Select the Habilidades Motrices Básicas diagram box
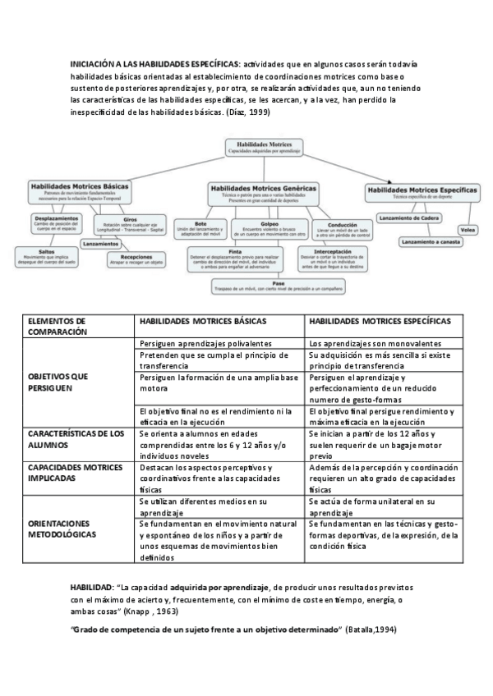click(79, 190)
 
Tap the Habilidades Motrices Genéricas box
click(263, 190)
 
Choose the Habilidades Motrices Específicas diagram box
click(422, 192)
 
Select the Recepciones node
click(136, 259)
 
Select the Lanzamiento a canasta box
click(431, 243)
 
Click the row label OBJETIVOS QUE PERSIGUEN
click(58, 382)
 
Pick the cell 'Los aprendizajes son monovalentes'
click(376, 343)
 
